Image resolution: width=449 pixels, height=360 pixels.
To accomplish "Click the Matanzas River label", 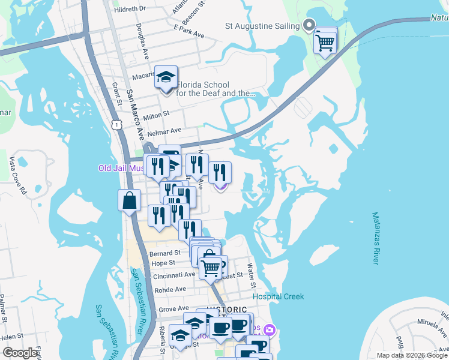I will pyautogui.click(x=376, y=238).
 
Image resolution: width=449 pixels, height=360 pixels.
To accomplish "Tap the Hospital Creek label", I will pyautogui.click(x=278, y=296).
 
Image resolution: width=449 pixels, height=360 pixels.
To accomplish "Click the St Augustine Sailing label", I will pyautogui.click(x=262, y=26).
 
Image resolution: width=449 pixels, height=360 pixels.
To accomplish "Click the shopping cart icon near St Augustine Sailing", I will pyautogui.click(x=325, y=42).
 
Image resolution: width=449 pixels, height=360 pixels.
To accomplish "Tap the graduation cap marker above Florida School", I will pyautogui.click(x=166, y=78).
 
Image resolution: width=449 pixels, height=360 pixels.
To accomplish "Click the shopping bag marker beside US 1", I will pyautogui.click(x=130, y=200).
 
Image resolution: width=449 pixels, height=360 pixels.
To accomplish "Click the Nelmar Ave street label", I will pyautogui.click(x=167, y=130).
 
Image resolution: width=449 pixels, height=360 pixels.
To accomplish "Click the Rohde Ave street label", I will pyautogui.click(x=170, y=289).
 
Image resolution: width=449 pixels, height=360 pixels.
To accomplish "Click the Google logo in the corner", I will pyautogui.click(x=20, y=353).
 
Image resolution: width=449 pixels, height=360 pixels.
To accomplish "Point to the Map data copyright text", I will pyautogui.click(x=411, y=355).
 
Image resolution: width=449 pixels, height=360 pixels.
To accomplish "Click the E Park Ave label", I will pyautogui.click(x=189, y=31).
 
